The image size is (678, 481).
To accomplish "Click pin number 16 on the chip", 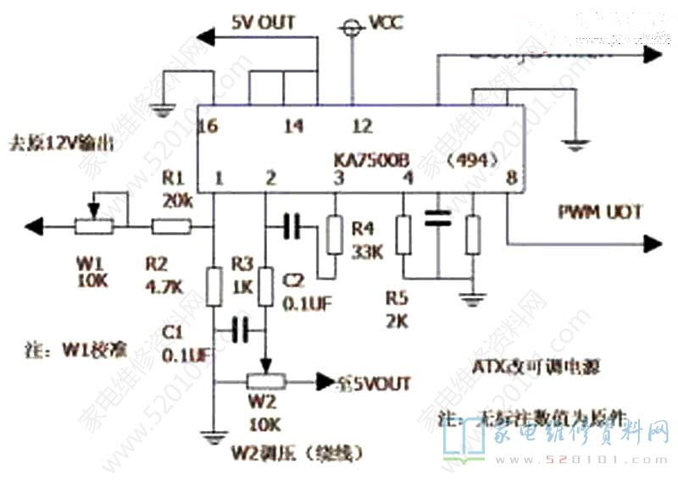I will coord(206,127).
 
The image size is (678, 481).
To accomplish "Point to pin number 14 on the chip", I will coord(293,127).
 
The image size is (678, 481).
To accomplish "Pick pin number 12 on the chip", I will coord(362,127).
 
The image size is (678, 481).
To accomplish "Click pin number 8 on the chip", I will coord(510,179).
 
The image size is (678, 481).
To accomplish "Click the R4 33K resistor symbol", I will coord(335,235).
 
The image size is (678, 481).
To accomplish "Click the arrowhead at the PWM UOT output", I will coord(653,245).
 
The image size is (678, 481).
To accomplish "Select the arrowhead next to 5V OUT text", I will coord(204,35).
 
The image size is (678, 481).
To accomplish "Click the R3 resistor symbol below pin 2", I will coord(266,287).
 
